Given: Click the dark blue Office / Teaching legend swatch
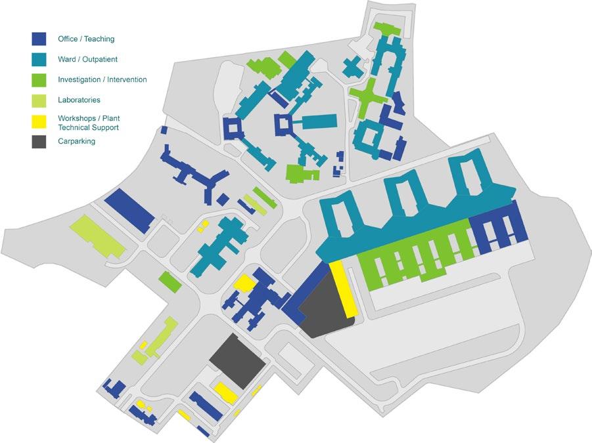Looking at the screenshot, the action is pyautogui.click(x=39, y=39).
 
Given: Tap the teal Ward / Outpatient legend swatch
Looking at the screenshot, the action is pyautogui.click(x=39, y=59).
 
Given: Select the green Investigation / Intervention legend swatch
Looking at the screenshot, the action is pyautogui.click(x=39, y=79).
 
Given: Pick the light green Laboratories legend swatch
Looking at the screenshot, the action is pyautogui.click(x=39, y=100).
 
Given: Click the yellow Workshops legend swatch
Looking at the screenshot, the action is pyautogui.click(x=39, y=121).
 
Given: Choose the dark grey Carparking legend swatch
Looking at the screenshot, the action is pyautogui.click(x=39, y=141).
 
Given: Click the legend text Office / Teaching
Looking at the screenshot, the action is pyautogui.click(x=86, y=39).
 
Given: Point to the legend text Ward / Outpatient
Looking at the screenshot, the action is pyautogui.click(x=87, y=60).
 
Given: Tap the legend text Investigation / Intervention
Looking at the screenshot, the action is pyautogui.click(x=102, y=80).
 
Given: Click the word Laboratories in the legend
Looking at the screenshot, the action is pyautogui.click(x=79, y=100).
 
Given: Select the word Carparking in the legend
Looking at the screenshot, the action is pyautogui.click(x=76, y=141).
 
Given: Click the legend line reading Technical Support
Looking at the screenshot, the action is pyautogui.click(x=88, y=127).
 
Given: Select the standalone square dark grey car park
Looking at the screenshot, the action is pyautogui.click(x=237, y=360).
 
